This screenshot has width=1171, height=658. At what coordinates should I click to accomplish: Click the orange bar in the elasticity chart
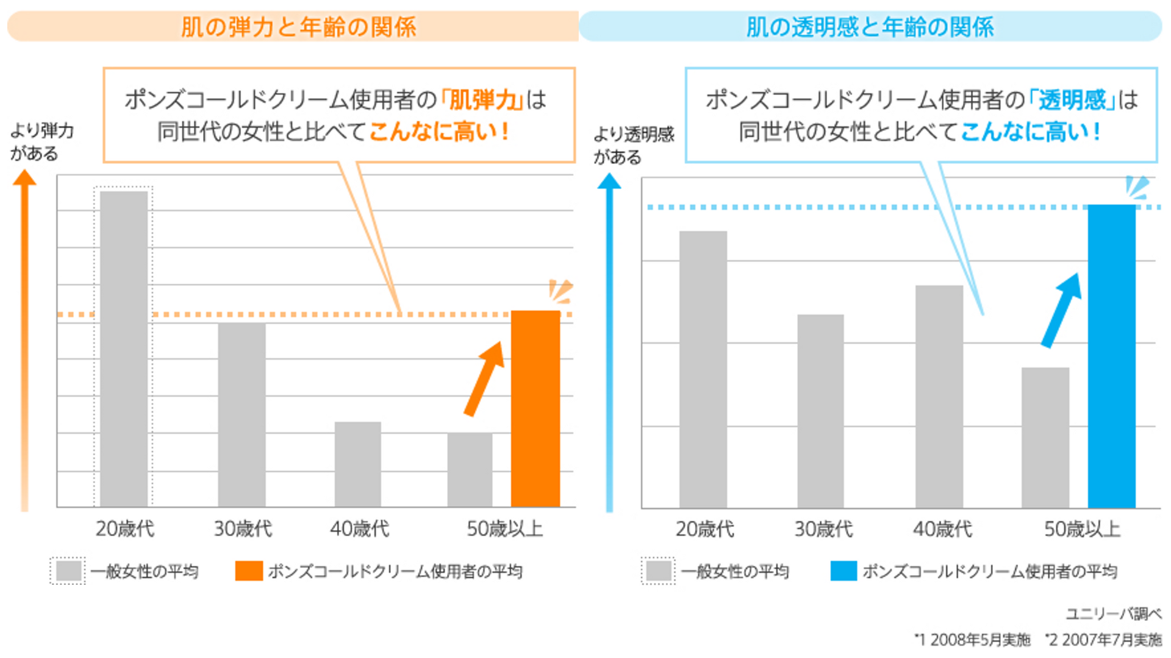pos(535,408)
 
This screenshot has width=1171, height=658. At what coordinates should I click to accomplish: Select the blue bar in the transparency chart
pos(1111,356)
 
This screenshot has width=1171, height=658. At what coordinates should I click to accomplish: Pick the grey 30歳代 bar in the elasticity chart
pos(242,414)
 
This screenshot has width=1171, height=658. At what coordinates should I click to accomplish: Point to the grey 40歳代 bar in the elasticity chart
pos(358,464)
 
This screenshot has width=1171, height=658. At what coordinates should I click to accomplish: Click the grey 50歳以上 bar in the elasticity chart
pos(470,470)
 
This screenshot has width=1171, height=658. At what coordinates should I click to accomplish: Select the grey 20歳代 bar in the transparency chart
pos(703,369)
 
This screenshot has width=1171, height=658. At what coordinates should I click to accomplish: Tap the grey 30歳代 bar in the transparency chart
pos(820,411)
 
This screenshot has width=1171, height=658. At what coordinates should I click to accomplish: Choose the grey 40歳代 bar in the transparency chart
pos(939,397)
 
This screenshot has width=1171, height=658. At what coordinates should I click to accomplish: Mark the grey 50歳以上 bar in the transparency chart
pos(1045,437)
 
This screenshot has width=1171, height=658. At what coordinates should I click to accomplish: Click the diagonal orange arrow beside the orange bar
pos(485,378)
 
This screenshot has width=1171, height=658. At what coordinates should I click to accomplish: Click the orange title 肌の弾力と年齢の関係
pos(298,27)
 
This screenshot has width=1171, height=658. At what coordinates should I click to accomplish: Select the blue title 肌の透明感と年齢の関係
pos(870,27)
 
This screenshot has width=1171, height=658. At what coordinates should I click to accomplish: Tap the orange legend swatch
pos(249,571)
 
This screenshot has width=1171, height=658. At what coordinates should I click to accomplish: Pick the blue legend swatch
pos(843,571)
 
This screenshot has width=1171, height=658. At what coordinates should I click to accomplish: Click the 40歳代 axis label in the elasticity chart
pos(359,528)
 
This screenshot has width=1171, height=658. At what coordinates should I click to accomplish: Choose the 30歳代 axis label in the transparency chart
pos(823,529)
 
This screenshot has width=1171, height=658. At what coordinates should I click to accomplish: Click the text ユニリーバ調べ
pos(1114,614)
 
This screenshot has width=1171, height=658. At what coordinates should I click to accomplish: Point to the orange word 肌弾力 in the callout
pos(483,100)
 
